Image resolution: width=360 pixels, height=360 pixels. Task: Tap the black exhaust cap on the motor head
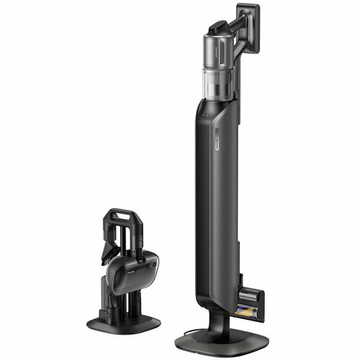coord(215,27)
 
